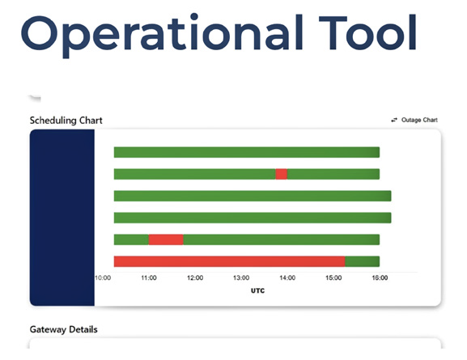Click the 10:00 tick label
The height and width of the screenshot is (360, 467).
click(x=103, y=277)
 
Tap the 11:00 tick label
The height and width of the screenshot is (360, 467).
click(x=149, y=277)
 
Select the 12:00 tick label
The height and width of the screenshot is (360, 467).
click(x=195, y=277)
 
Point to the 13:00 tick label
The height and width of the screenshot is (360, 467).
click(x=241, y=277)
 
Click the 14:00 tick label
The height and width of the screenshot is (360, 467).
click(x=287, y=277)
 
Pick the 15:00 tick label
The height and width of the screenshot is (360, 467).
click(x=333, y=277)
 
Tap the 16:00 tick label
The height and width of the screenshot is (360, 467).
click(x=380, y=277)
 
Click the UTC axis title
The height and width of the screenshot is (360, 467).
click(x=257, y=290)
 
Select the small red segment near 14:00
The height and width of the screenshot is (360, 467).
click(x=282, y=174)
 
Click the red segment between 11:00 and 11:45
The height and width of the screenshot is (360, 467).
click(x=166, y=239)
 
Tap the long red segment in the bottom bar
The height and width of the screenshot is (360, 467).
click(x=230, y=261)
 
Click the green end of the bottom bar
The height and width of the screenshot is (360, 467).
click(x=363, y=261)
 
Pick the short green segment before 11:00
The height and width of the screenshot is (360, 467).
click(x=131, y=239)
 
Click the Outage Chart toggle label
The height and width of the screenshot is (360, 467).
click(x=419, y=120)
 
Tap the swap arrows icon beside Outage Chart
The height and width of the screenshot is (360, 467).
click(x=394, y=120)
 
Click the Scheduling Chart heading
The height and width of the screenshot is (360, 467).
click(x=66, y=121)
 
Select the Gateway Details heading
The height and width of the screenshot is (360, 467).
click(x=64, y=329)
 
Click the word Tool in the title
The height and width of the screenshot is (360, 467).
click(x=367, y=32)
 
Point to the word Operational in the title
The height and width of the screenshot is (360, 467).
click(x=163, y=35)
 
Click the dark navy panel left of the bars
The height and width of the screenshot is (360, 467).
click(x=62, y=218)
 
